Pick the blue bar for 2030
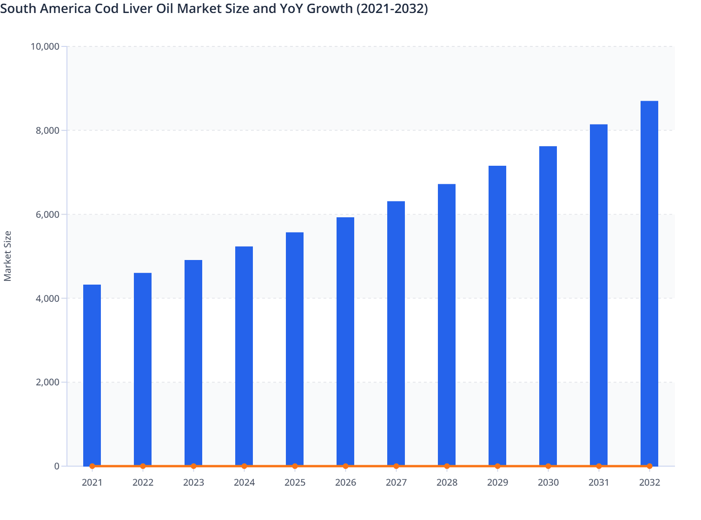coord(548,306)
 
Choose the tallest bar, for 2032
coord(649,283)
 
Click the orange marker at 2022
coord(143,466)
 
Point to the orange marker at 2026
coord(345,466)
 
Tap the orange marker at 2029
coord(497,466)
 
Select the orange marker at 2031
coord(599,466)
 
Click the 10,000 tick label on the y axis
coord(45,46)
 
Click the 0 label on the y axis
coord(57,466)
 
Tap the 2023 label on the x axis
coord(193,483)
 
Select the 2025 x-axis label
coord(295,483)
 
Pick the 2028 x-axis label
coord(447,483)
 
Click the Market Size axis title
coord(7,256)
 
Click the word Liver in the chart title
coord(140,8)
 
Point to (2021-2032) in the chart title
coord(392,8)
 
